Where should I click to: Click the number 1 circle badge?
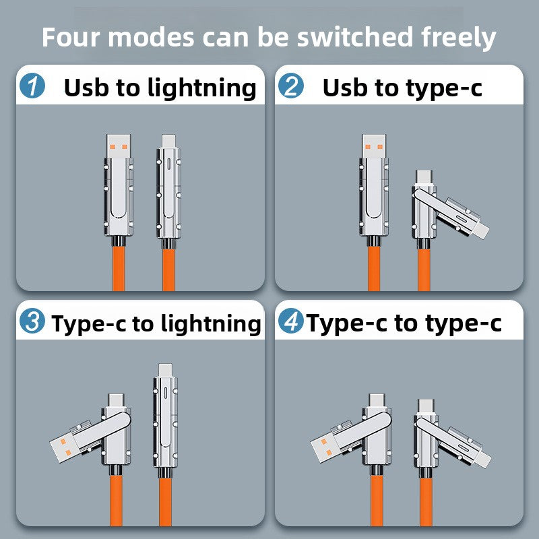[x=32, y=86]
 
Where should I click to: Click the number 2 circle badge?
[x=291, y=86]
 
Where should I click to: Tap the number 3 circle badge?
[x=32, y=321]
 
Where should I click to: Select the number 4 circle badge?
[x=291, y=321]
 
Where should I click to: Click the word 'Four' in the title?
[x=71, y=37]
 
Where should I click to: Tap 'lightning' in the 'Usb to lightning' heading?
[x=202, y=89]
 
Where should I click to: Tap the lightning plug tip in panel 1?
[x=168, y=141]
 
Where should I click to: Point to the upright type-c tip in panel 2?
[x=424, y=178]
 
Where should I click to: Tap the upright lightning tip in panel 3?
[x=165, y=371]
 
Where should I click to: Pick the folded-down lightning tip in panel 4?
[x=482, y=458]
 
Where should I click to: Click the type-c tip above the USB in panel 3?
[x=116, y=401]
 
